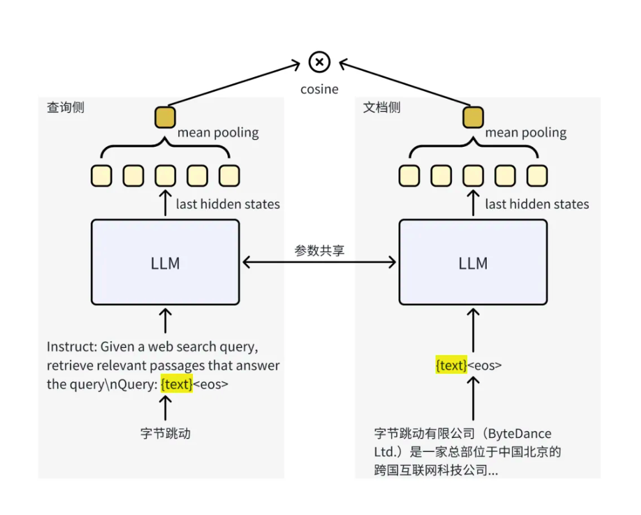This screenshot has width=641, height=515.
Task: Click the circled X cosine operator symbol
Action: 319,62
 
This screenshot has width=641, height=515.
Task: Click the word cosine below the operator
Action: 319,89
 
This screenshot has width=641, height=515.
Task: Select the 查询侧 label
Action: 66,108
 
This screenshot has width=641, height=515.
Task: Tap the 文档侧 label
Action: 382,108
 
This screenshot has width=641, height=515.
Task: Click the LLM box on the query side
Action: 165,262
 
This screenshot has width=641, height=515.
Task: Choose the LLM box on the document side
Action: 473,262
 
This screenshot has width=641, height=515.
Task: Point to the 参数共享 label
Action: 319,250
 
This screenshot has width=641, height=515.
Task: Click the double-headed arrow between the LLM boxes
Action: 319,262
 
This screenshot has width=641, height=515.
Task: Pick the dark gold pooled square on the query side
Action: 165,117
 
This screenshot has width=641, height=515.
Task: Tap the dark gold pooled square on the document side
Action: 473,117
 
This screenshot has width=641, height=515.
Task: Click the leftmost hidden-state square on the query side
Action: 102,176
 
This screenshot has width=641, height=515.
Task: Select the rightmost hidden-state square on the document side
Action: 537,176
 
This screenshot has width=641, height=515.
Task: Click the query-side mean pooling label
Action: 218,133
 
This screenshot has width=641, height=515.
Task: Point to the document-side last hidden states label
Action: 537,204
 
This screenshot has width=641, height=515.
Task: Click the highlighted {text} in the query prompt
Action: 176,384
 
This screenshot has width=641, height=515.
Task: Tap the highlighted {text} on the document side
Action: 451,365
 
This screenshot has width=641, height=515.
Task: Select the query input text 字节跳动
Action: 165,433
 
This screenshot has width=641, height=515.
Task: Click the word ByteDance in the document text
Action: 520,433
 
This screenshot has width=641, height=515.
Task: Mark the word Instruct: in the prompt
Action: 72,346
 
